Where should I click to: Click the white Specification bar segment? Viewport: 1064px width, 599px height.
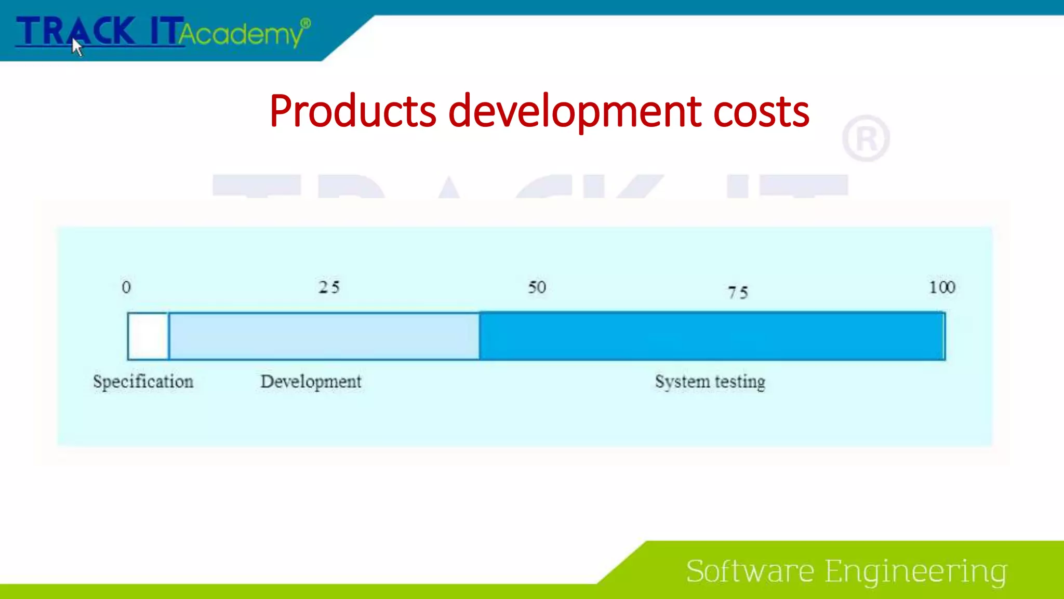(x=148, y=336)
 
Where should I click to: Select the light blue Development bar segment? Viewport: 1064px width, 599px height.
(x=324, y=336)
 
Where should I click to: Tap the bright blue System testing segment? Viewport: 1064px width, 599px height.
(x=712, y=336)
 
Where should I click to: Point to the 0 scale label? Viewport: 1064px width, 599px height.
(x=126, y=287)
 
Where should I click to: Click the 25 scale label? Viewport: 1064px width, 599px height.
(x=329, y=287)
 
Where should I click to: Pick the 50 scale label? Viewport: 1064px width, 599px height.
(x=537, y=287)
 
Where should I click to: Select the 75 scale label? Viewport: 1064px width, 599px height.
(x=737, y=292)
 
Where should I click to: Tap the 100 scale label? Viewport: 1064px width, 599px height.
(x=941, y=287)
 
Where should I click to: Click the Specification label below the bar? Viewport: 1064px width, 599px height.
(x=143, y=382)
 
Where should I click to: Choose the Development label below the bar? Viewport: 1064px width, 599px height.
(x=311, y=382)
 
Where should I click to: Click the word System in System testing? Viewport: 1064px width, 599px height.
(x=682, y=382)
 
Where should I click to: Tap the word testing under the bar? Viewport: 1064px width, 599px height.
(x=740, y=382)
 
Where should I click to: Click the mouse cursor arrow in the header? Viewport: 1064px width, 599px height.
(x=77, y=47)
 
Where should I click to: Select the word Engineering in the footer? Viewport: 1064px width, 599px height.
(x=916, y=571)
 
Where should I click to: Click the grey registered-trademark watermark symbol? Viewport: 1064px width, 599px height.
(x=866, y=139)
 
